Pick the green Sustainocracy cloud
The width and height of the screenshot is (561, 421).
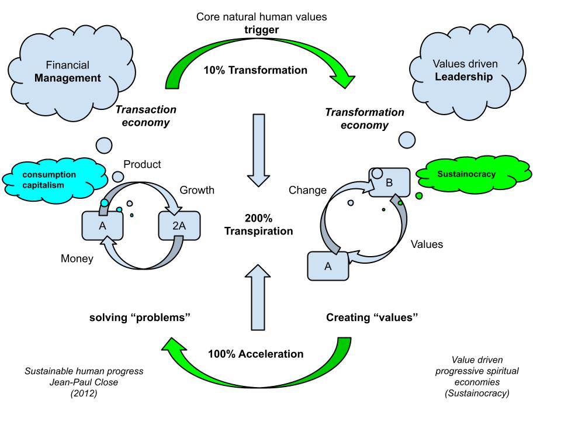pyautogui.click(x=475, y=174)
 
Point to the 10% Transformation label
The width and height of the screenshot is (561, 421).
pyautogui.click(x=255, y=70)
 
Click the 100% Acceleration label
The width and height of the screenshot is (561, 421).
pyautogui.click(x=255, y=354)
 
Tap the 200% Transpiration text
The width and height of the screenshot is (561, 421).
pyautogui.click(x=258, y=225)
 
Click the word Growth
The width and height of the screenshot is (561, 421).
pyautogui.click(x=196, y=190)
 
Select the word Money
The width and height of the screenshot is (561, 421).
pyautogui.click(x=77, y=258)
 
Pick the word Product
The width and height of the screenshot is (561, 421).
pyautogui.click(x=142, y=165)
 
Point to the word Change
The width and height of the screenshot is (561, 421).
pyautogui.click(x=308, y=190)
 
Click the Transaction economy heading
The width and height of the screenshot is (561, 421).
pyautogui.click(x=146, y=116)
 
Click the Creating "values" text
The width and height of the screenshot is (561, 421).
pyautogui.click(x=374, y=318)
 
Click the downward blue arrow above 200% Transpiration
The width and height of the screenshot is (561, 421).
pyautogui.click(x=258, y=149)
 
